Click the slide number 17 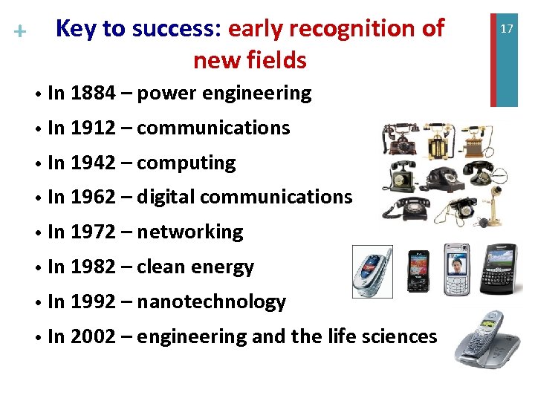(x=507, y=28)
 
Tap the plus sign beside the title (x=20, y=32)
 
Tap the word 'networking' (x=190, y=232)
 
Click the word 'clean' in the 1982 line (x=164, y=267)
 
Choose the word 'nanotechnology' (x=212, y=302)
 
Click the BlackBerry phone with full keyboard (x=500, y=271)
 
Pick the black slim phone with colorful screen (x=418, y=272)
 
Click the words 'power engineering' (x=224, y=94)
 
